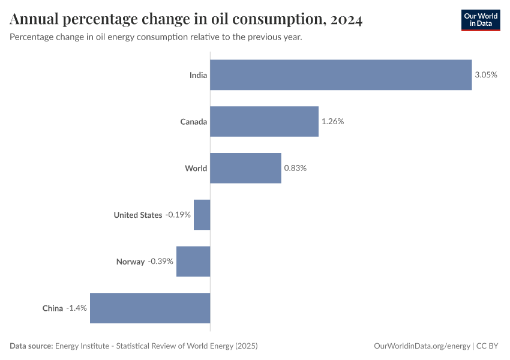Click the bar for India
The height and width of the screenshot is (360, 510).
click(x=341, y=75)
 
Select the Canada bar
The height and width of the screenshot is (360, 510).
click(x=264, y=122)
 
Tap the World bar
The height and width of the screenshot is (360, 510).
click(x=245, y=168)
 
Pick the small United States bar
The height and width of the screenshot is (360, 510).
click(x=202, y=215)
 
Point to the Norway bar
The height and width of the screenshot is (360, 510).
click(x=193, y=262)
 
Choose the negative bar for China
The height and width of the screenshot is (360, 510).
click(x=150, y=308)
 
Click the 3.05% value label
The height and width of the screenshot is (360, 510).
click(x=486, y=75)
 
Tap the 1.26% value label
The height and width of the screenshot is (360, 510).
click(x=332, y=122)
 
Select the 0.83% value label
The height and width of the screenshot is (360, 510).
click(x=295, y=168)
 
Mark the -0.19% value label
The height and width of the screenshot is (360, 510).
click(x=178, y=215)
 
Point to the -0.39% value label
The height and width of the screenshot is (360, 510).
click(x=161, y=262)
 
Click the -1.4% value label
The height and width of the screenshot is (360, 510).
click(x=77, y=308)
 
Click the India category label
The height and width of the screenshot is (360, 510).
click(x=198, y=75)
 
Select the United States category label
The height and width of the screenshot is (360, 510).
click(x=138, y=215)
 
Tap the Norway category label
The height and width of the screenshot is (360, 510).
click(x=130, y=262)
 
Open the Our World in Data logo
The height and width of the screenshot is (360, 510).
click(x=480, y=20)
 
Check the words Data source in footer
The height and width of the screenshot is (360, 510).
click(x=31, y=346)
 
